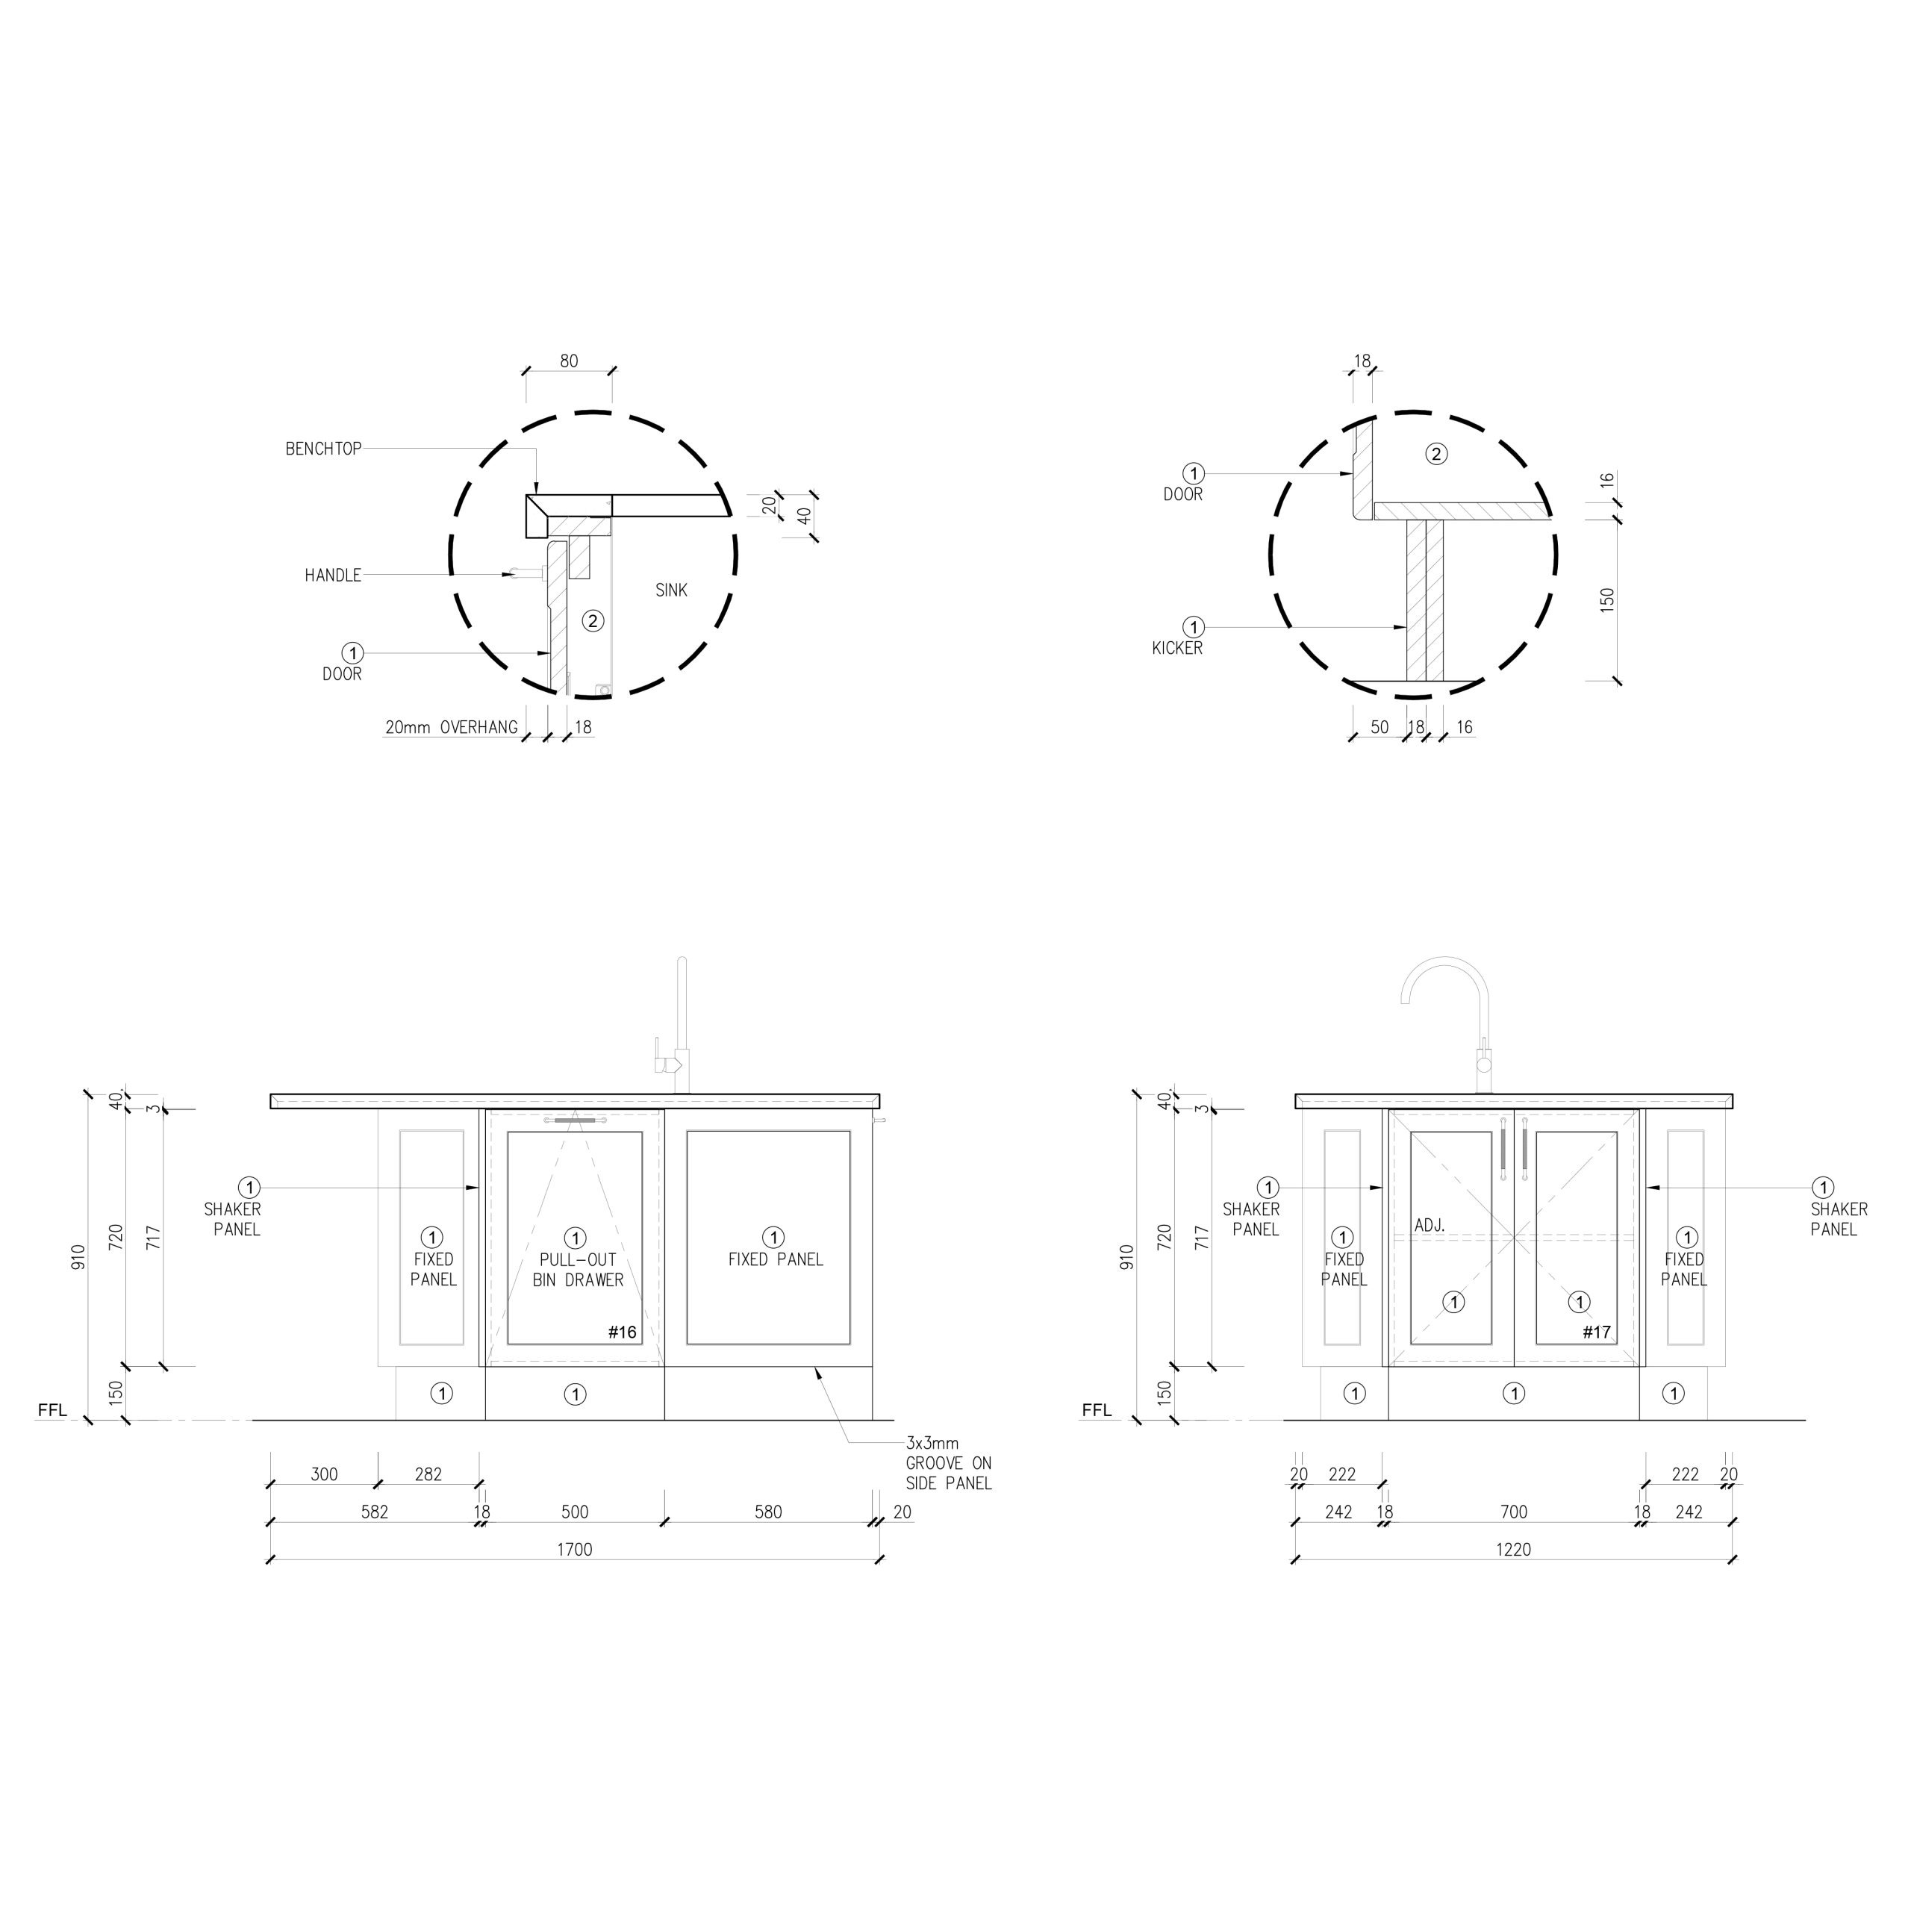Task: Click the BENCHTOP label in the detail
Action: [x=323, y=449]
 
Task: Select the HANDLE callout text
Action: [x=334, y=576]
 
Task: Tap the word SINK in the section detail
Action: [x=672, y=590]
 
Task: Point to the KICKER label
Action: [x=1177, y=649]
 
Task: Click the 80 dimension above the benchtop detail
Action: [x=569, y=362]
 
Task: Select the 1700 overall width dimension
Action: [x=575, y=1550]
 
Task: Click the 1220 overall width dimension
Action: [x=1513, y=1550]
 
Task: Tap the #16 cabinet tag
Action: [x=622, y=1332]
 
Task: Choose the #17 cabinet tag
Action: [x=1597, y=1332]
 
